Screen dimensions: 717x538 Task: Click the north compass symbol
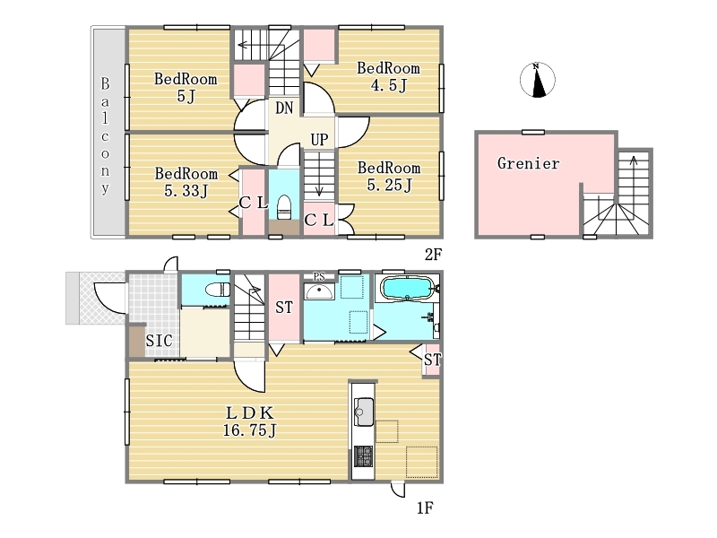pyautogui.click(x=537, y=80)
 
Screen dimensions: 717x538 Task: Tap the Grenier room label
pyautogui.click(x=528, y=163)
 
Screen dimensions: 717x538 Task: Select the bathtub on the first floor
pyautogui.click(x=407, y=289)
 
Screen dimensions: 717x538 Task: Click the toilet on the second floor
pyautogui.click(x=284, y=207)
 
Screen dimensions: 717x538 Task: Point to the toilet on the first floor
pyautogui.click(x=218, y=290)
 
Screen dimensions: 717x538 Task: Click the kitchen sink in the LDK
pyautogui.click(x=364, y=412)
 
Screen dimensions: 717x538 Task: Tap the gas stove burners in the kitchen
pyautogui.click(x=364, y=456)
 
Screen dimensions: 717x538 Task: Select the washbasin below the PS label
pyautogui.click(x=319, y=291)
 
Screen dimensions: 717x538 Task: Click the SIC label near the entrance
pyautogui.click(x=160, y=341)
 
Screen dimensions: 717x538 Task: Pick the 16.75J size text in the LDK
pyautogui.click(x=250, y=430)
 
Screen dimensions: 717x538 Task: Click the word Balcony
pyautogui.click(x=105, y=136)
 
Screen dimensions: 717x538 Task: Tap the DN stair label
pyautogui.click(x=284, y=108)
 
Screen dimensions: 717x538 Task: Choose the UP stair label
pyautogui.click(x=319, y=139)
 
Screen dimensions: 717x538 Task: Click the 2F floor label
pyautogui.click(x=433, y=255)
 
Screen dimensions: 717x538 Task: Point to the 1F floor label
pyautogui.click(x=425, y=508)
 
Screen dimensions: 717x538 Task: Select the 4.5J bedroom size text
pyautogui.click(x=388, y=85)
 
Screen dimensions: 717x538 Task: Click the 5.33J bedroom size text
pyautogui.click(x=186, y=190)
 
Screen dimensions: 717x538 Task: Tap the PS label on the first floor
pyautogui.click(x=319, y=276)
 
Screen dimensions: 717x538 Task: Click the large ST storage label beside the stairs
pyautogui.click(x=284, y=307)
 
